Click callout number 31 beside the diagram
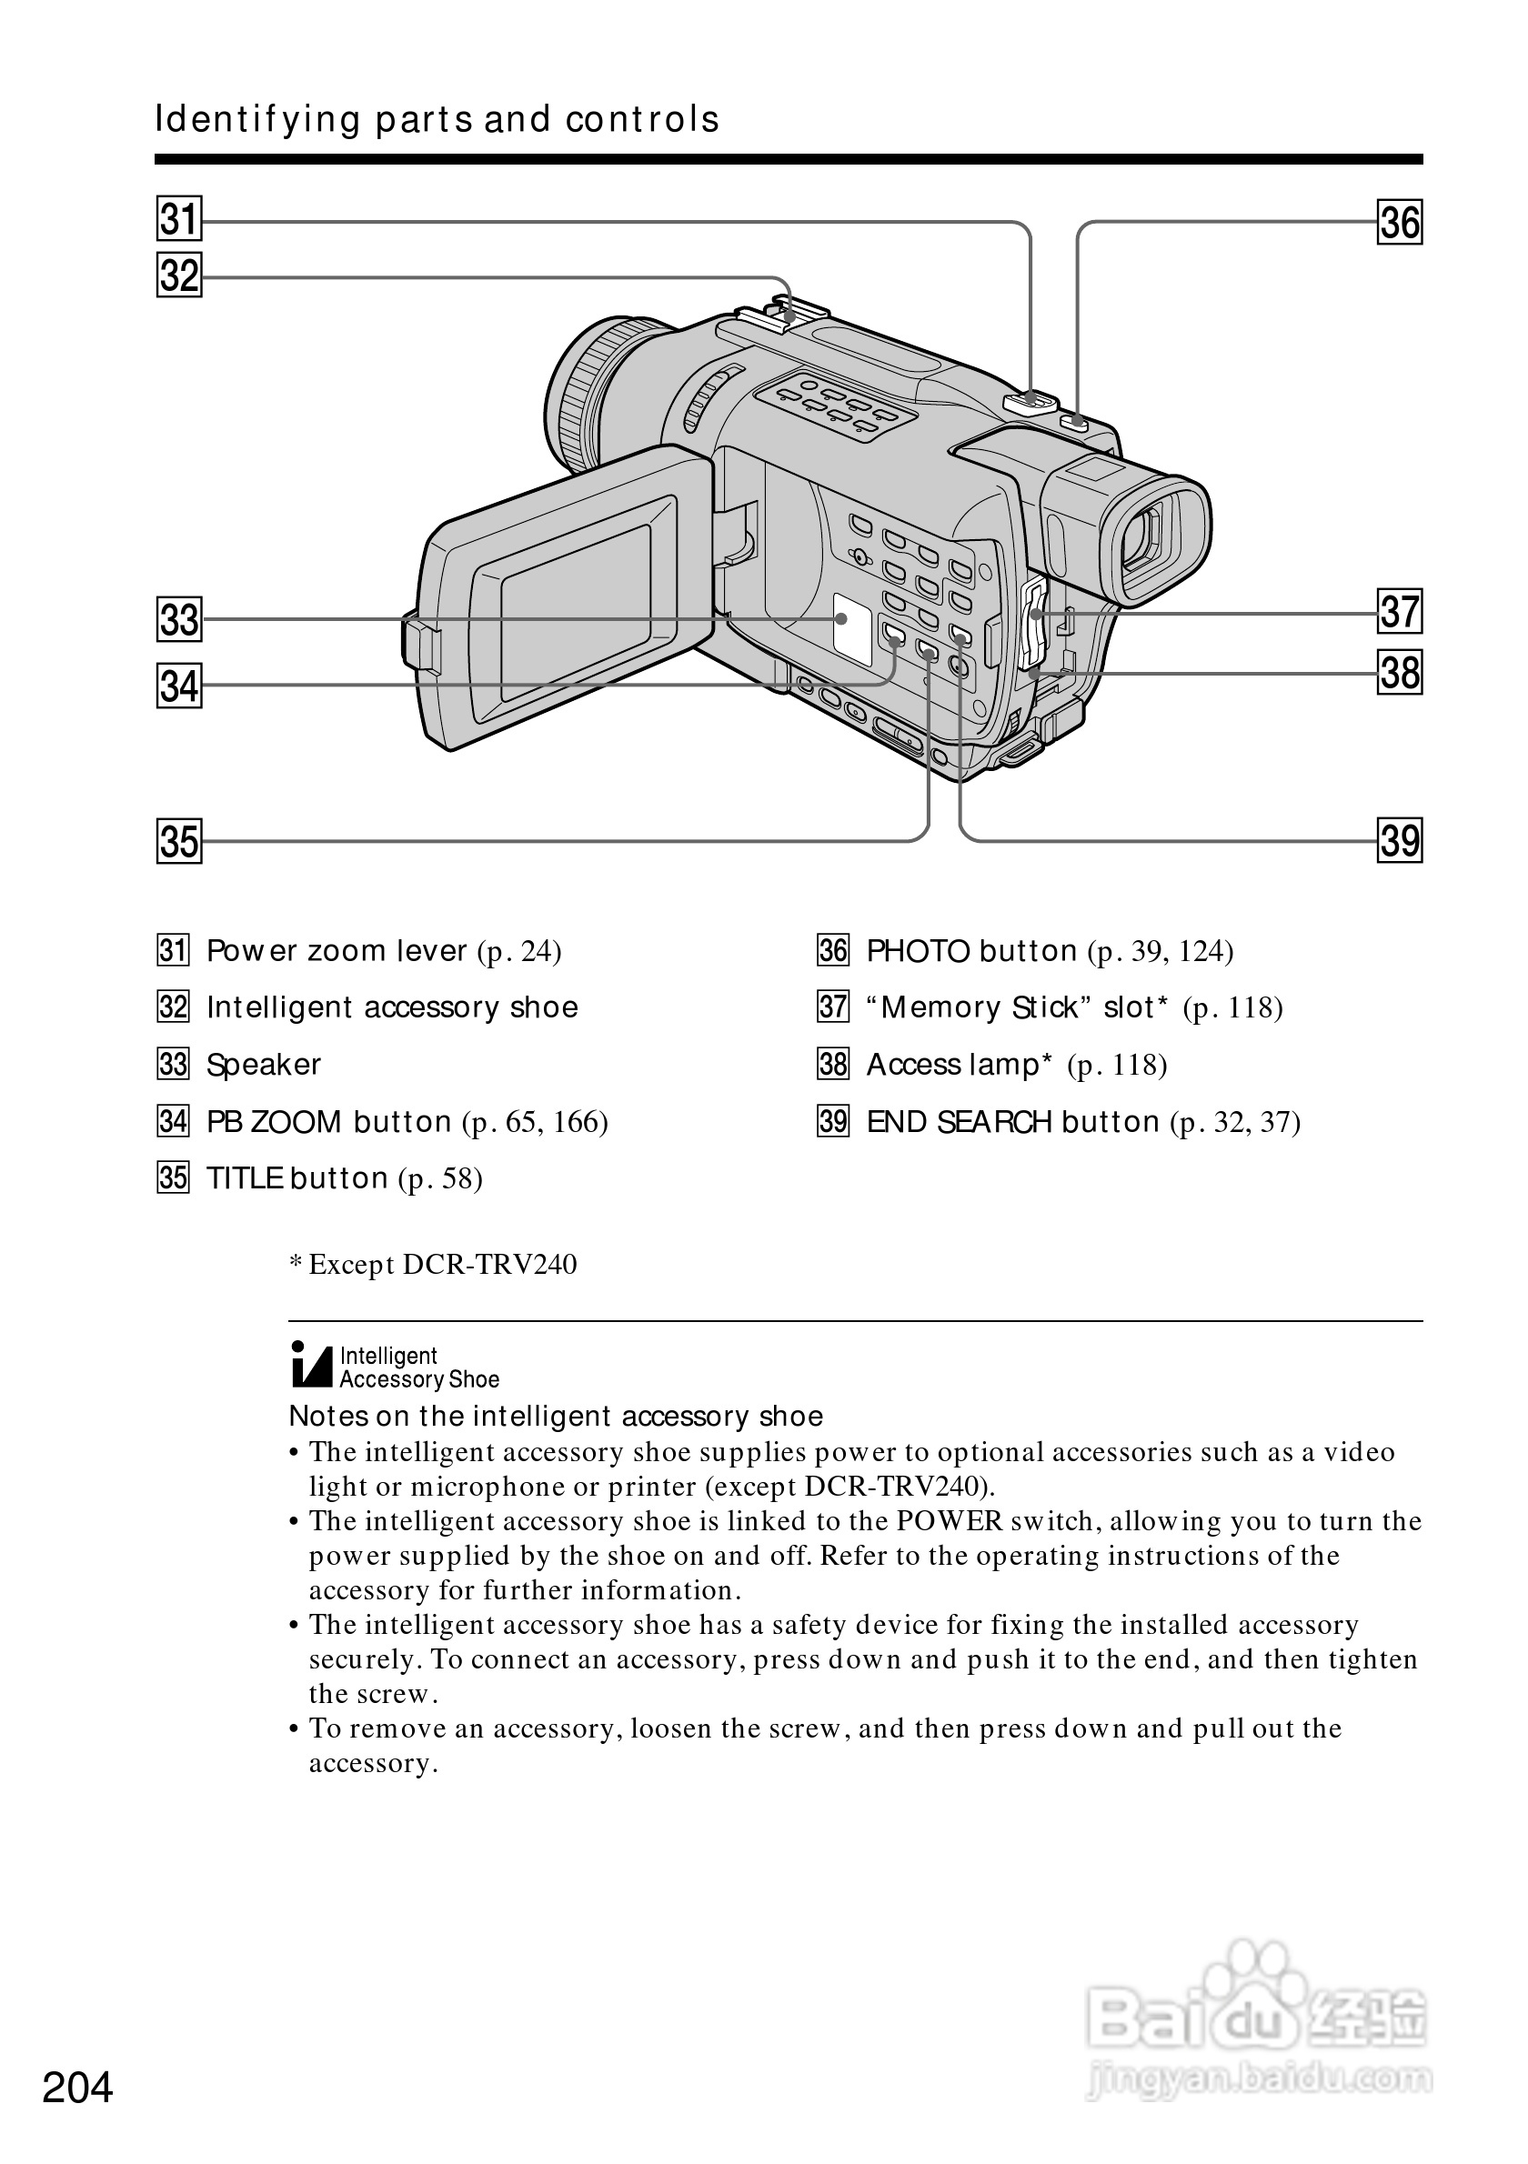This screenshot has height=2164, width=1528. click(179, 220)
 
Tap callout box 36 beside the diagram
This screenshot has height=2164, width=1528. click(1400, 223)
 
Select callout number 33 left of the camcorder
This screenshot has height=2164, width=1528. click(179, 619)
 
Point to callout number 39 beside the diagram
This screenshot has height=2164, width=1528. click(1400, 840)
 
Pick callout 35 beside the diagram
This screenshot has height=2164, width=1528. click(179, 841)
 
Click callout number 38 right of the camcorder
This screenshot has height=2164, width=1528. click(1400, 673)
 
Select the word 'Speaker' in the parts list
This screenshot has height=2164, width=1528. click(263, 1065)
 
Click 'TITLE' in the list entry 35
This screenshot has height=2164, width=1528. click(244, 1179)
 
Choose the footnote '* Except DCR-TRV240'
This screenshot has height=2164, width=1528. click(433, 1264)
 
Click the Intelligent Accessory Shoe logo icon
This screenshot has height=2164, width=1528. click(312, 1366)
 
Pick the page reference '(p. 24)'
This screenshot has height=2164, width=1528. click(519, 951)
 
